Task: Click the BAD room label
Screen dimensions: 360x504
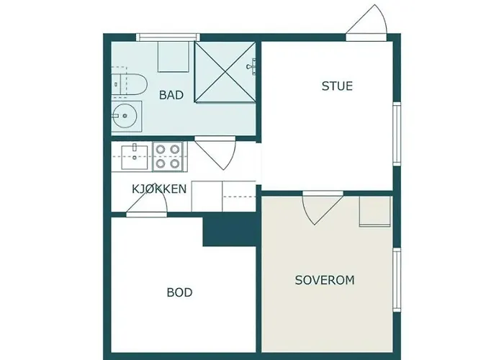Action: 171,94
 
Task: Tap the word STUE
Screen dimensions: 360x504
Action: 337,86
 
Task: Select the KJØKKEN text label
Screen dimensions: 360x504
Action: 160,189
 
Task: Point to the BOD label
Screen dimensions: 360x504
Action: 179,292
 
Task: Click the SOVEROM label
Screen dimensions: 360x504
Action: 325,280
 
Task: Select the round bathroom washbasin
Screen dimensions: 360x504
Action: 127,115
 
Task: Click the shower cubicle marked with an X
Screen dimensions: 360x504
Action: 226,73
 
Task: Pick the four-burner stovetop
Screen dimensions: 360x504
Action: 168,156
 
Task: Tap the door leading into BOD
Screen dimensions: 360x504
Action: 148,205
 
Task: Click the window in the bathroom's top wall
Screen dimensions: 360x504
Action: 167,37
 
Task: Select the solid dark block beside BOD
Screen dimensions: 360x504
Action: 230,230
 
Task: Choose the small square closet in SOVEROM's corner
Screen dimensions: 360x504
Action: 374,211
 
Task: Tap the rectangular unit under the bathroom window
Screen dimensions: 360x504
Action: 173,56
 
